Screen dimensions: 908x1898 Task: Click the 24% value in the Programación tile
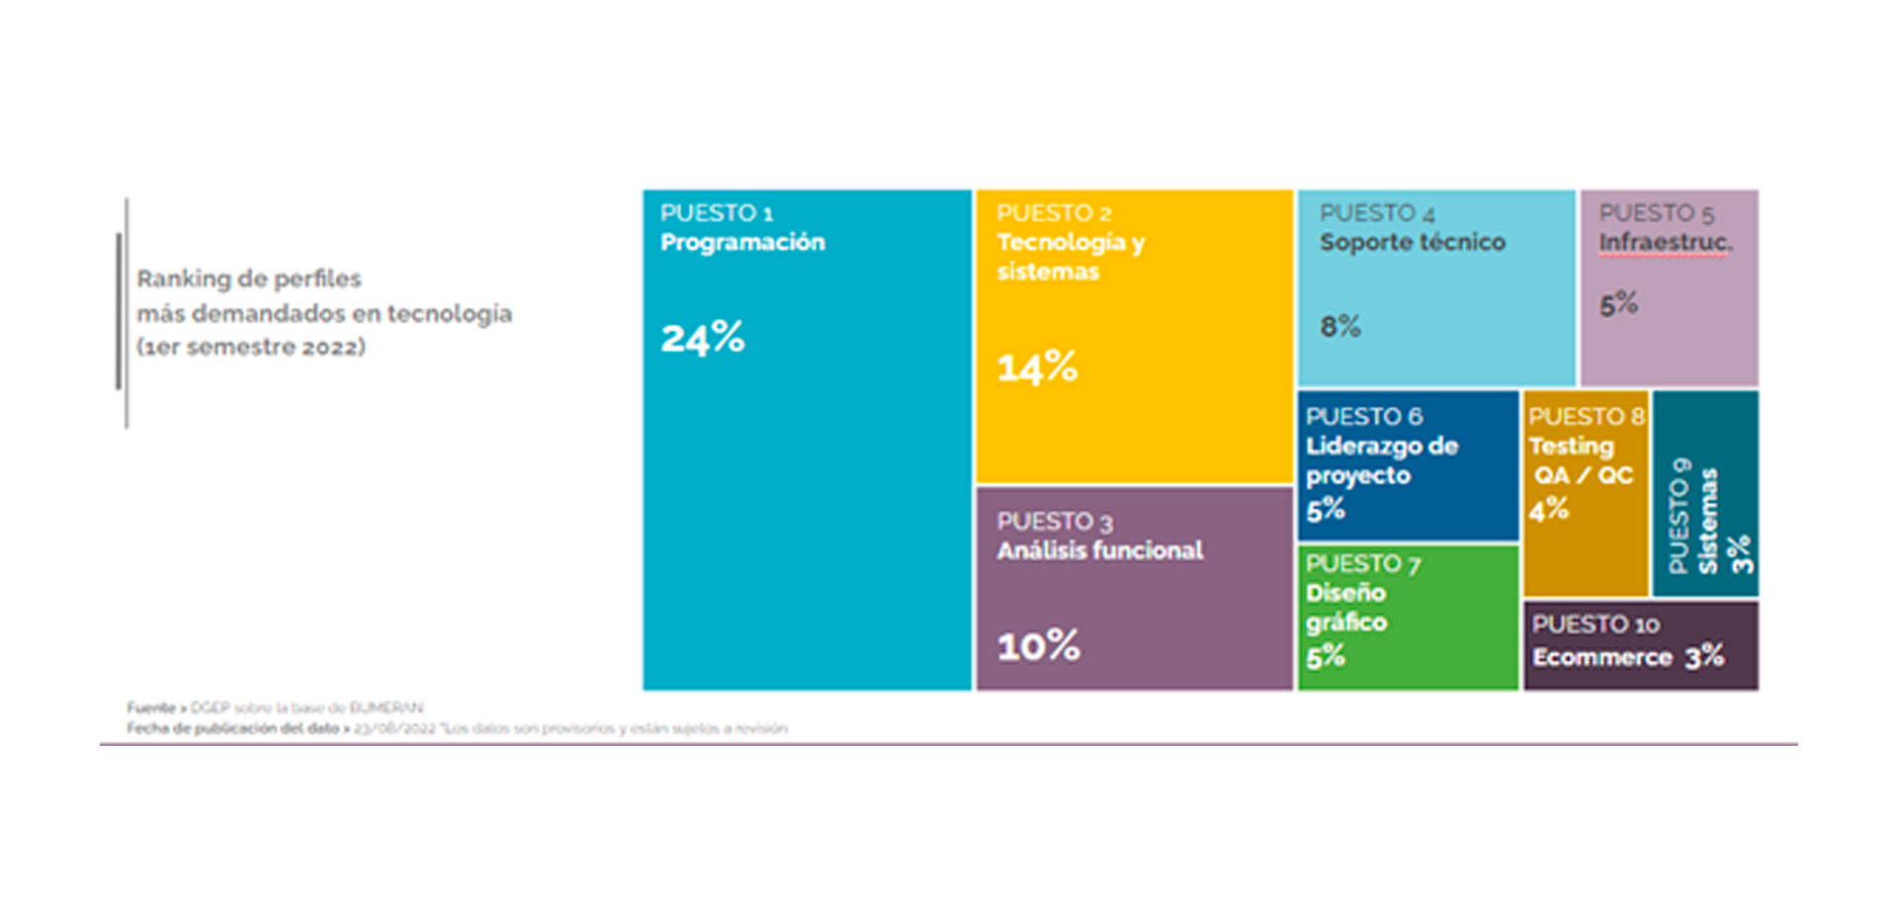coord(702,338)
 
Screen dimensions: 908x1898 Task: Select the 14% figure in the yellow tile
coord(1036,368)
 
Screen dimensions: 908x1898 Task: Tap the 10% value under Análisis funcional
coord(1038,646)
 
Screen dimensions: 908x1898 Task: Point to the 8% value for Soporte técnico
coord(1340,326)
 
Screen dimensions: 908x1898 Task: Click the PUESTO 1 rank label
coord(716,212)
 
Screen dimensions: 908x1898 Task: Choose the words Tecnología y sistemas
coord(1070,256)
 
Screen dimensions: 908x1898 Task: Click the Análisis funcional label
coord(1099,550)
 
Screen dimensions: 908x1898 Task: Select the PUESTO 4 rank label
coord(1376,212)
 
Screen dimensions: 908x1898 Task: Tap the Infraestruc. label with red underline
coord(1665,242)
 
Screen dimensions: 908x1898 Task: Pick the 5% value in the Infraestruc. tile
coord(1618,304)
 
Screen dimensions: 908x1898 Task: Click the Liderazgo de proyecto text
coord(1381,460)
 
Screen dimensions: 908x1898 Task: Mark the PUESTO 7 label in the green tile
coord(1362,563)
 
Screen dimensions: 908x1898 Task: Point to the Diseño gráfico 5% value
coord(1325,656)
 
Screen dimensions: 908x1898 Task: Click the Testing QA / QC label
coord(1580,460)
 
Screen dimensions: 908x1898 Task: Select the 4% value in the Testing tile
coord(1548,510)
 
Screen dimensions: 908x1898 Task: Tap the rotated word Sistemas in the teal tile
coord(1707,521)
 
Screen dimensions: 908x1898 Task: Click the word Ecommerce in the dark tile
coord(1601,657)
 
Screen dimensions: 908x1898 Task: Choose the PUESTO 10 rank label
coord(1595,624)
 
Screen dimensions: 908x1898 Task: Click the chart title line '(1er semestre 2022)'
coord(251,347)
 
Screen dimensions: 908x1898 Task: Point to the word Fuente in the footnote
coord(150,707)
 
